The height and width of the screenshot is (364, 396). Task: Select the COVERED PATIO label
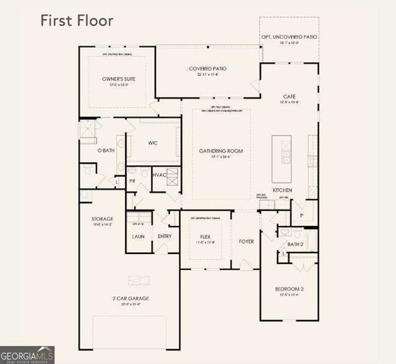[208, 69]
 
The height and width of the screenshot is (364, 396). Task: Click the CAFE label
[289, 97]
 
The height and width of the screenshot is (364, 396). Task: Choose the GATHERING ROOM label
[221, 151]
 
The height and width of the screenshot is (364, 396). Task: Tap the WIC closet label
[152, 143]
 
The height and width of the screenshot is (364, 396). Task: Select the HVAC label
[159, 175]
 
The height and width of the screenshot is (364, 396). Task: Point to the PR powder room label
[132, 181]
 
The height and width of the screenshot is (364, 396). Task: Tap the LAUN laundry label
[138, 237]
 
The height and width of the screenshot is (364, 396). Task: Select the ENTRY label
[165, 237]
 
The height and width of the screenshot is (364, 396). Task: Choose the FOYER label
[247, 242]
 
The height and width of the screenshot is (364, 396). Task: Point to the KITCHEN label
[282, 190]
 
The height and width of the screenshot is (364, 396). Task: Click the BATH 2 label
[295, 244]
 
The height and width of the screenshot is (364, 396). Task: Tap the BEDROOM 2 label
[289, 289]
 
